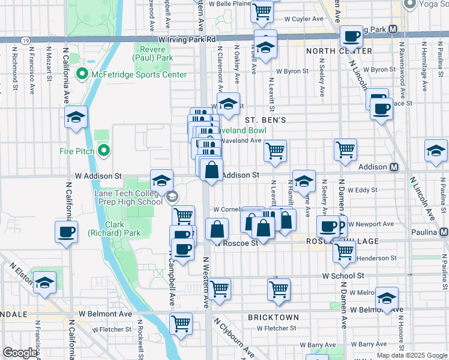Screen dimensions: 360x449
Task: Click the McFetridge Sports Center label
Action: pyautogui.click(x=139, y=74)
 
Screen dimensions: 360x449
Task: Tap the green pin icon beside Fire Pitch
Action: pyautogui.click(x=104, y=151)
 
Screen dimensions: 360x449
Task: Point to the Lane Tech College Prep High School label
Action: pyautogui.click(x=128, y=197)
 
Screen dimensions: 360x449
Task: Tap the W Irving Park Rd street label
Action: pyautogui.click(x=187, y=39)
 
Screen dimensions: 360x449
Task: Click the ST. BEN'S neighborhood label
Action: pyautogui.click(x=264, y=120)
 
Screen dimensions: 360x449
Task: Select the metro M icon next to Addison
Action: pyautogui.click(x=395, y=167)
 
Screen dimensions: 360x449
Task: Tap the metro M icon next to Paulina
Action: pyautogui.click(x=444, y=232)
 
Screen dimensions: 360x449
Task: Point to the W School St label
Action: pyautogui.click(x=343, y=276)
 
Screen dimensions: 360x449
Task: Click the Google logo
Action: pyautogui.click(x=19, y=353)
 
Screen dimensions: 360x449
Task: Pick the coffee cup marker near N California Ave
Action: pyautogui.click(x=66, y=231)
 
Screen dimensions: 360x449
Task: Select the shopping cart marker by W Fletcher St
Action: pyautogui.click(x=181, y=323)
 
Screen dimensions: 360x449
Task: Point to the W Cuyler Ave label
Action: pyautogui.click(x=304, y=19)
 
